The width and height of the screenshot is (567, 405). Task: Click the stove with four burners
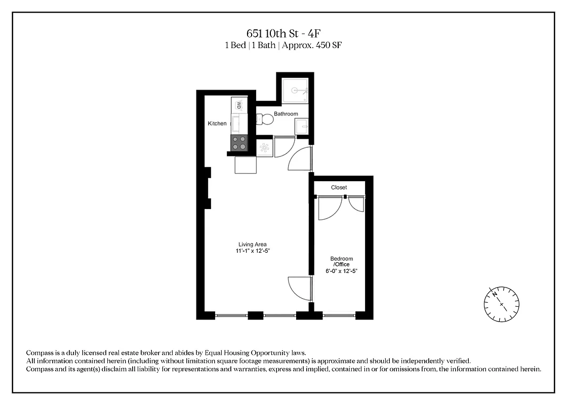tap(239, 143)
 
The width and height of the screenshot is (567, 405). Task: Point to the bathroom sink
tap(302, 126)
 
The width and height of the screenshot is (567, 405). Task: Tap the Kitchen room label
tap(217, 124)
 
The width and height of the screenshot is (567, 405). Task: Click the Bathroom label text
tap(286, 114)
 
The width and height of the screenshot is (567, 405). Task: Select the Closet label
tap(339, 187)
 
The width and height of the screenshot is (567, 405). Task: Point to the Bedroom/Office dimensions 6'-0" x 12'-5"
tap(342, 271)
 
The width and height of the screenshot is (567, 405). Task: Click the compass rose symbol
tap(501, 304)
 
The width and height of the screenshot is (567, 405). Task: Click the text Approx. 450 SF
tap(314, 45)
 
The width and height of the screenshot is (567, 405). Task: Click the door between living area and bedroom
tap(299, 289)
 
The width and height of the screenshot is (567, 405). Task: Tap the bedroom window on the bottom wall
tap(339, 315)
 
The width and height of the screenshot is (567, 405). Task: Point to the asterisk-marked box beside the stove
tap(265, 147)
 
